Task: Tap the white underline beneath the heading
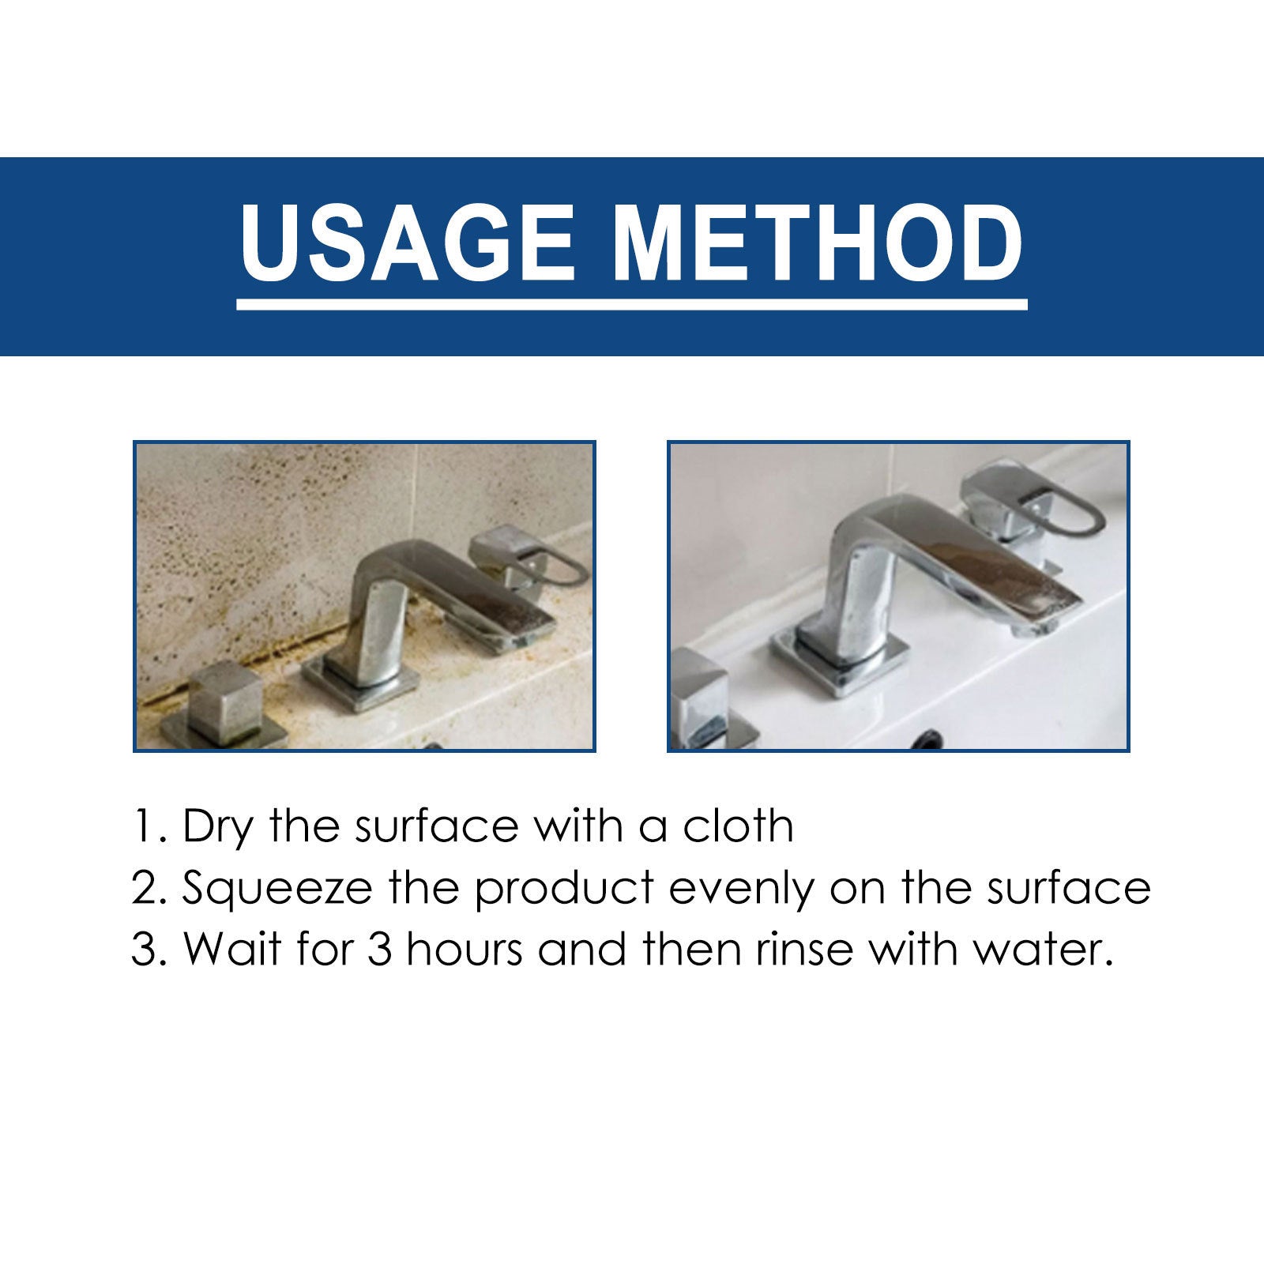pos(632,303)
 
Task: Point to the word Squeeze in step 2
pos(277,889)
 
